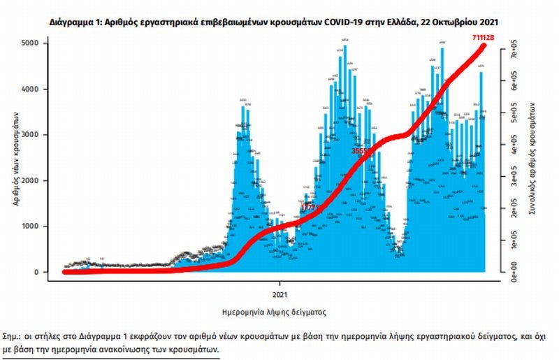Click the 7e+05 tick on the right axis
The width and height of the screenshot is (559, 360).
coord(512,52)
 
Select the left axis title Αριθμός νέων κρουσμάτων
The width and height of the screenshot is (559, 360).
coord(15,158)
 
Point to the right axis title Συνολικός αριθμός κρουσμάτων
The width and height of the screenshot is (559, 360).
coord(532,158)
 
